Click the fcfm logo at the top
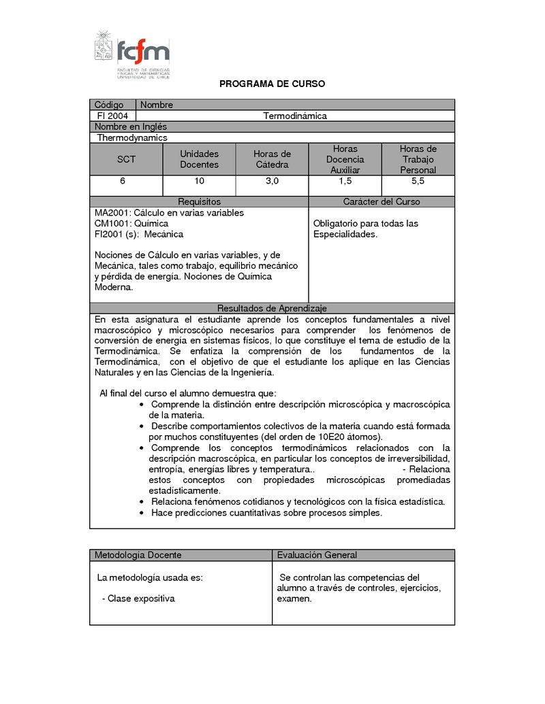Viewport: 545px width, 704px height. (132, 54)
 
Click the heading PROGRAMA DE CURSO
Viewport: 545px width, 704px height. (272, 84)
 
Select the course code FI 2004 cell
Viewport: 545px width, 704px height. (112, 116)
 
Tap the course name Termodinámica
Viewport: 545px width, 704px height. (295, 116)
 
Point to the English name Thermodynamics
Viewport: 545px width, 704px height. (132, 137)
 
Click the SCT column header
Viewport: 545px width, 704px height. (126, 159)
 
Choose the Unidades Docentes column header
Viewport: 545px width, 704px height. (199, 159)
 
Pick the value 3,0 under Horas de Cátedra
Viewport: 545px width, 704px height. (272, 181)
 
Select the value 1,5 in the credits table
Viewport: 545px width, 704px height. (345, 181)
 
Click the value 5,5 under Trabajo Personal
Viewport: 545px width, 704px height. (418, 181)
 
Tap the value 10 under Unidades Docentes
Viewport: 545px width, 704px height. (199, 181)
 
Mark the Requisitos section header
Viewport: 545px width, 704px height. (199, 202)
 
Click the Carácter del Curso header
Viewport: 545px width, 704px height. (381, 202)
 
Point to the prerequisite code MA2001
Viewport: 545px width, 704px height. (112, 213)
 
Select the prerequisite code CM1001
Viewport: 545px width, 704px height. (112, 223)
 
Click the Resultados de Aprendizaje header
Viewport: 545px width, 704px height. (272, 308)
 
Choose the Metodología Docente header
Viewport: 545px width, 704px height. (138, 555)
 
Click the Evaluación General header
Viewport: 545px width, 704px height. (317, 555)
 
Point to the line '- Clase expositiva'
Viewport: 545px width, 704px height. (138, 599)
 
